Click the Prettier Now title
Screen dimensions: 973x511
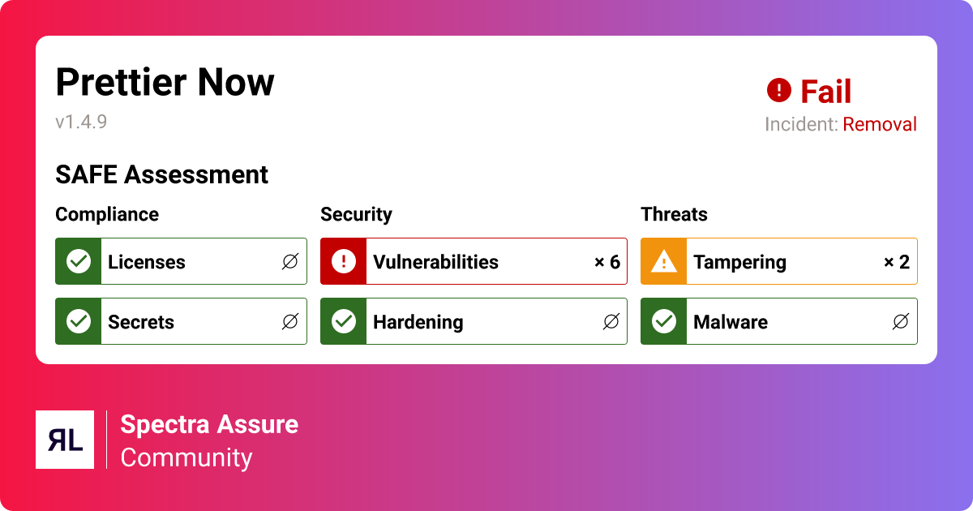pyautogui.click(x=165, y=82)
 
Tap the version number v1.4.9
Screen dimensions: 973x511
pyautogui.click(x=81, y=122)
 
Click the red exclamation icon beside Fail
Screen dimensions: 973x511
pyautogui.click(x=779, y=90)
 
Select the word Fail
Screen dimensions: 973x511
pyautogui.click(x=825, y=91)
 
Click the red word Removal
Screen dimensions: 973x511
pyautogui.click(x=880, y=124)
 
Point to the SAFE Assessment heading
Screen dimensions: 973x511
pyautogui.click(x=161, y=174)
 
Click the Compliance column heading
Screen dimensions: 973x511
pyautogui.click(x=107, y=215)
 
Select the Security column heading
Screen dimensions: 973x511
pyautogui.click(x=356, y=215)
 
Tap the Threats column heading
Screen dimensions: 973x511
pyautogui.click(x=674, y=215)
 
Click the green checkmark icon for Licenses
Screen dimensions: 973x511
pyautogui.click(x=79, y=261)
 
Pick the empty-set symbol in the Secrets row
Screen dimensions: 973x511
pyautogui.click(x=290, y=321)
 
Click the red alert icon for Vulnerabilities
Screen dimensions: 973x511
pyautogui.click(x=344, y=261)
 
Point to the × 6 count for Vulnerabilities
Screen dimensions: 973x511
pyautogui.click(x=607, y=262)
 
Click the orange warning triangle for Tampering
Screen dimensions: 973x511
pyautogui.click(x=664, y=262)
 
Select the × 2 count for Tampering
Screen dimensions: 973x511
pyautogui.click(x=897, y=262)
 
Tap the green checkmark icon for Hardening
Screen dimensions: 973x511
pyautogui.click(x=344, y=321)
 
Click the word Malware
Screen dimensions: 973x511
pyautogui.click(x=731, y=322)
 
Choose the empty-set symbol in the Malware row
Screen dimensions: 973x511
pyautogui.click(x=901, y=321)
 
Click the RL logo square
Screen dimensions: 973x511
pyautogui.click(x=65, y=440)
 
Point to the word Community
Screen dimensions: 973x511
pyautogui.click(x=186, y=458)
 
